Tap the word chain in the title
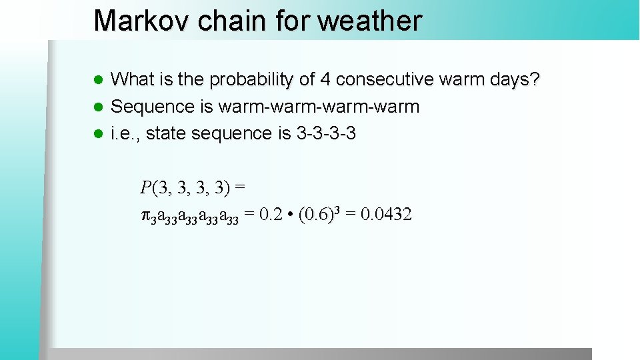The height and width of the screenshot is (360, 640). coord(230,21)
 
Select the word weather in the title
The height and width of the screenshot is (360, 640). coord(370,21)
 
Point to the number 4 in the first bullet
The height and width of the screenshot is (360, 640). coord(325,80)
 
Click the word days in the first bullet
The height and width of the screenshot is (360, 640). coord(507,80)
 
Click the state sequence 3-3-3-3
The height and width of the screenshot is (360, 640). coord(326,133)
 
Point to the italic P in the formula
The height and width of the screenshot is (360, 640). coord(146,187)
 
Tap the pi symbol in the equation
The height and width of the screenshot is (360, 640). coord(146,215)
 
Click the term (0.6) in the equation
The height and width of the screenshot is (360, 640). coord(313,214)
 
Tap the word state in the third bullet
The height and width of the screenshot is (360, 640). coord(167,133)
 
